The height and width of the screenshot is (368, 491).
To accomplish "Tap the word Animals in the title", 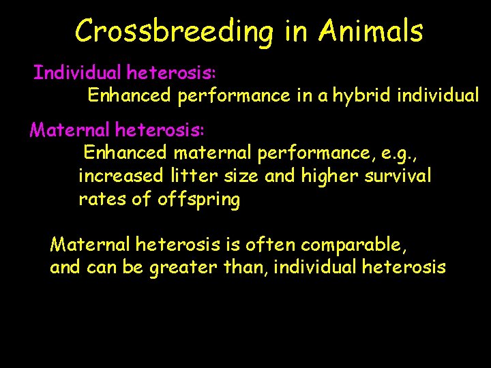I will pyautogui.click(x=370, y=31).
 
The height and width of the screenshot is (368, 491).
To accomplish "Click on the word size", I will pyautogui.click(x=239, y=176).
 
